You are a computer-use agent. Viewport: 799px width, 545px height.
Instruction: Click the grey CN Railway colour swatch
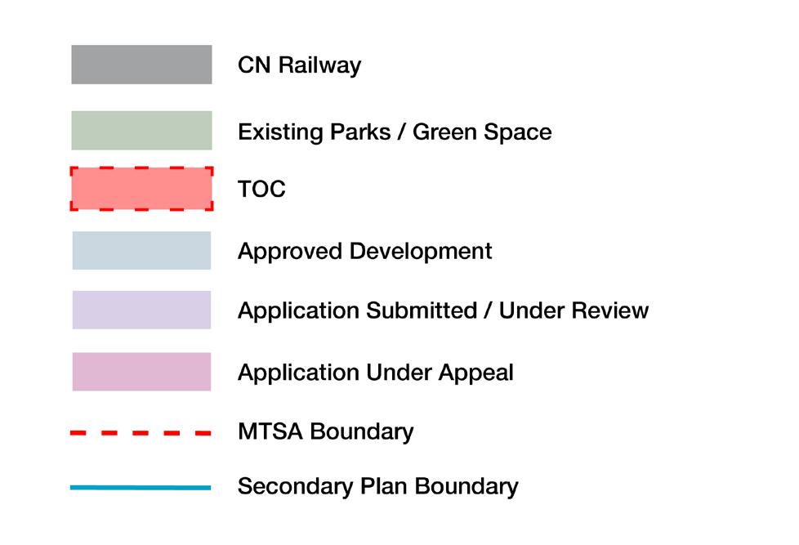tap(141, 65)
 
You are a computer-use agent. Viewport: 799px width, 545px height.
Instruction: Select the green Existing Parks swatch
tap(141, 131)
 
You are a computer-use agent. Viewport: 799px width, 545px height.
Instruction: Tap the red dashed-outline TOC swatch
tap(141, 189)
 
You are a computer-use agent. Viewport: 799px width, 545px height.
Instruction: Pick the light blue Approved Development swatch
tap(141, 250)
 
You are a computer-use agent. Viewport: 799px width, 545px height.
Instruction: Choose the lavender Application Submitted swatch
tap(141, 310)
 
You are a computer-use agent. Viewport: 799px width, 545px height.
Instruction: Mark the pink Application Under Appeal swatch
tap(141, 372)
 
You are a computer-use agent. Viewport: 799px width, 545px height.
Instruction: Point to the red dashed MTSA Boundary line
tap(141, 432)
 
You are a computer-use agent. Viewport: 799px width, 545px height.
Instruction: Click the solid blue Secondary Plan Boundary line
tap(141, 488)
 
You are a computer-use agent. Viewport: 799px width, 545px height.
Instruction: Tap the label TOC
tap(261, 190)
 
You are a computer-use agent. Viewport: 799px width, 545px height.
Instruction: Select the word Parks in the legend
tap(355, 132)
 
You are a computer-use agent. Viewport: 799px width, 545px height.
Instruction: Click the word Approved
tap(289, 251)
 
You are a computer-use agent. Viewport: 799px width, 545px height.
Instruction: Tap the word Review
tap(611, 311)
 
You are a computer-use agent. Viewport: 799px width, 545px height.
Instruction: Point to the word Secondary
tap(295, 487)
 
